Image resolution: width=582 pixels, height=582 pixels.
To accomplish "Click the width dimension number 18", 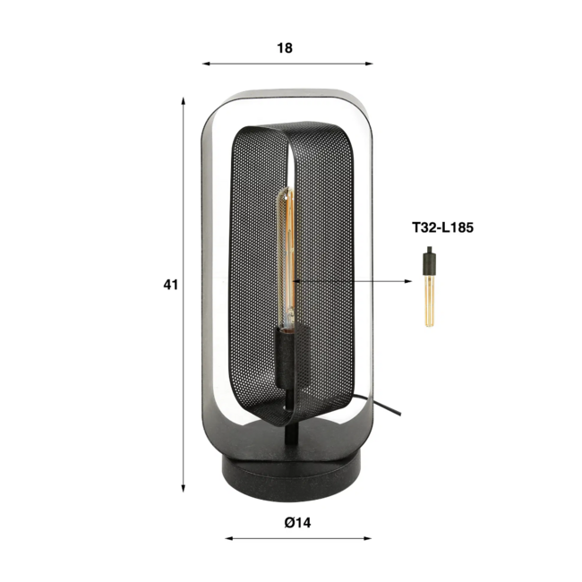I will pos(285,48).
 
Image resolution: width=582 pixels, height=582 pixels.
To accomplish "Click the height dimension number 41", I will pos(171,285).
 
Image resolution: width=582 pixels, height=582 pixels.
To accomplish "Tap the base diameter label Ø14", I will pos(298,522).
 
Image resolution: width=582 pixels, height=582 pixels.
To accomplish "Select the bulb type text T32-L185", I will pos(442,228).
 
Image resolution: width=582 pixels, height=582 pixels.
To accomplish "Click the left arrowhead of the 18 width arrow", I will pos(206,64).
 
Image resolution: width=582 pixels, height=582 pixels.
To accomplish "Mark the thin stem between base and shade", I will pos(289,439).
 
